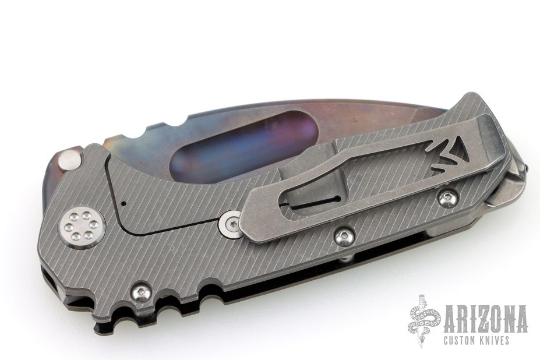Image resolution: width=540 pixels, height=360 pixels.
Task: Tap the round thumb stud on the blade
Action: point(70,161)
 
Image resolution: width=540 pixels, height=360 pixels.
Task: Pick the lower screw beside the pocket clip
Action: point(343,236)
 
